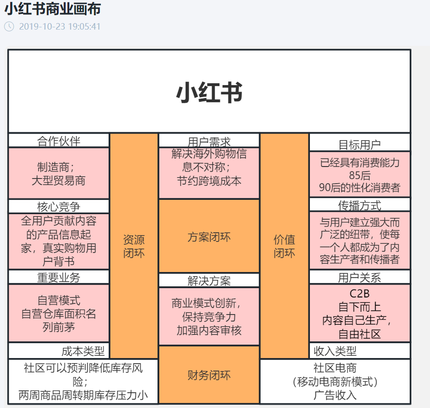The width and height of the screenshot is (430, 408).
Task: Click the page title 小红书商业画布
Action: click(53, 8)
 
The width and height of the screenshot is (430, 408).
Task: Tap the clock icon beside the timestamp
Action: click(9, 26)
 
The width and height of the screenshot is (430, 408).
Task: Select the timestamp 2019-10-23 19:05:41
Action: click(60, 26)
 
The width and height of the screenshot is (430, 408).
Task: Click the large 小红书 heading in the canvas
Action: click(209, 93)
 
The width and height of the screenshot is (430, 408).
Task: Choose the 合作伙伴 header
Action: click(59, 141)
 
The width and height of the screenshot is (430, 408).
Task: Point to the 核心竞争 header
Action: click(59, 206)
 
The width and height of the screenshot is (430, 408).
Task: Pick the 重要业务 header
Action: click(59, 277)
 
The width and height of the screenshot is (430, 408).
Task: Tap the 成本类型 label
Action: click(83, 351)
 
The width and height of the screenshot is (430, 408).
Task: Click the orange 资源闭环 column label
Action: click(134, 246)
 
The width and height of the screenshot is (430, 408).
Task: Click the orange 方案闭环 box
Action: click(209, 237)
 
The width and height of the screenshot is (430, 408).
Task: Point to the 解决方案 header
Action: click(209, 280)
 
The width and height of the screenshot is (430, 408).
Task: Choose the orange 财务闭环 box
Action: click(209, 375)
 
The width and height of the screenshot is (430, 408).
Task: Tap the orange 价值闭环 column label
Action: click(284, 246)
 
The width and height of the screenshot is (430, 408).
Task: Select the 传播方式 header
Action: click(360, 205)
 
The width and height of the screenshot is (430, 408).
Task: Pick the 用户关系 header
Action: click(360, 277)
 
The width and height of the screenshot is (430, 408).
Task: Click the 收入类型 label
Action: click(335, 351)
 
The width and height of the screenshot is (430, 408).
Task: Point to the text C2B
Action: click(360, 294)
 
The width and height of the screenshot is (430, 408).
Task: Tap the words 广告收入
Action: click(335, 395)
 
